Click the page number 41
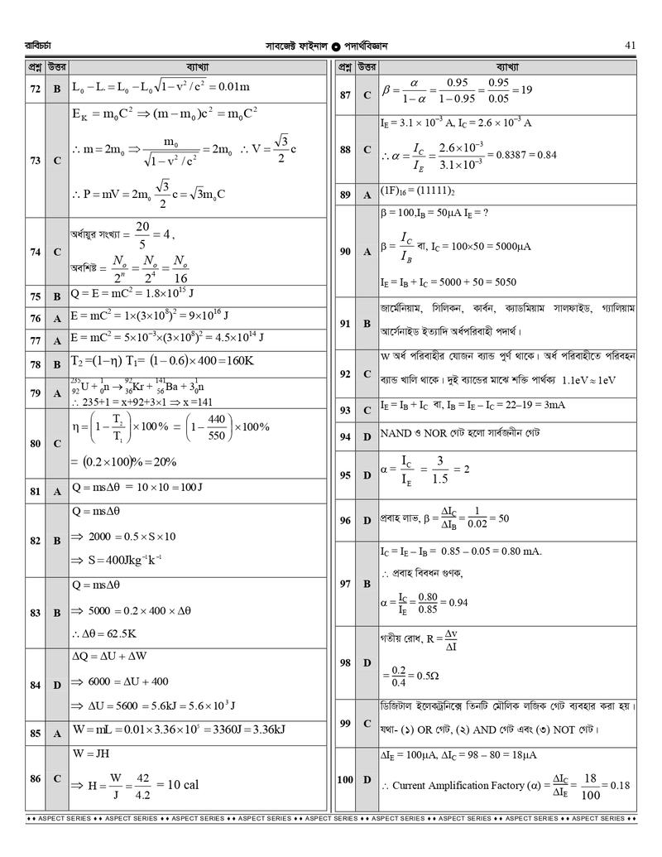coord(630,46)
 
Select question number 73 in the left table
coord(35,161)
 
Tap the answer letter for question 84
coord(57,685)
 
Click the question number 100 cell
coord(345,780)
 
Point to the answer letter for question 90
coord(367,251)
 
